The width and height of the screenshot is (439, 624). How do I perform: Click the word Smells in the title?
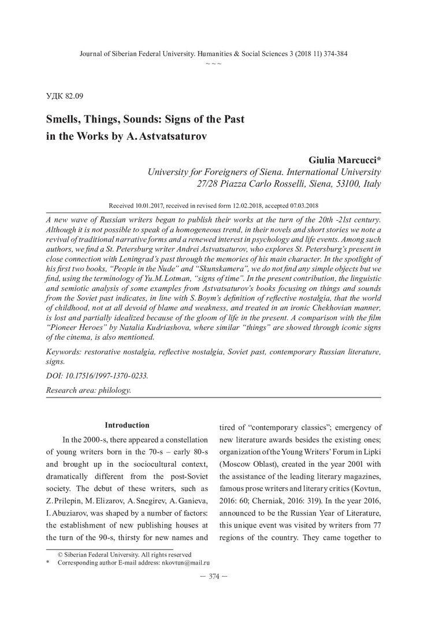point(65,120)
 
